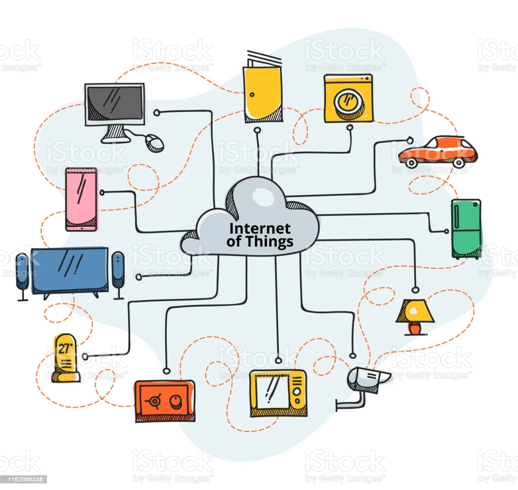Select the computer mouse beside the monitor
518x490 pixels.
[154, 143]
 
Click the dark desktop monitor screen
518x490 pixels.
[114, 103]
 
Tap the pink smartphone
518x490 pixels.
[81, 199]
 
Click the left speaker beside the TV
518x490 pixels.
[22, 273]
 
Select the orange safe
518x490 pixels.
[164, 400]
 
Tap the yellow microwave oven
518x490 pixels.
[278, 393]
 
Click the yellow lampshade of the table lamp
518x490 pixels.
[415, 311]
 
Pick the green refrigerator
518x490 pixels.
[466, 228]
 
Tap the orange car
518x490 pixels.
[438, 150]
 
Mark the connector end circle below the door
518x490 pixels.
[257, 131]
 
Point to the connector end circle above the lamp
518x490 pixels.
[415, 290]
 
